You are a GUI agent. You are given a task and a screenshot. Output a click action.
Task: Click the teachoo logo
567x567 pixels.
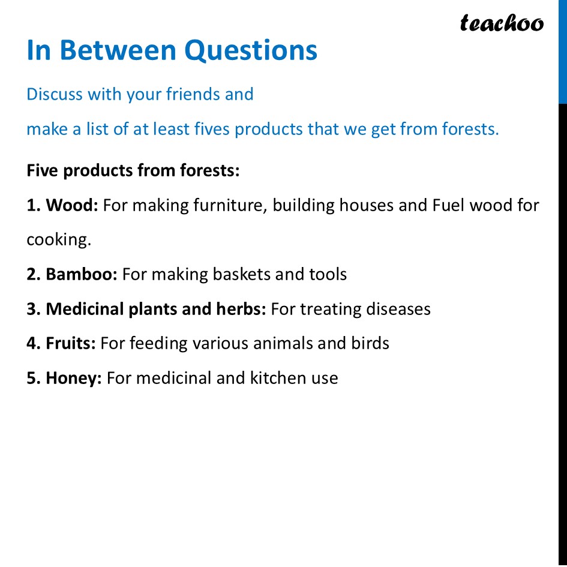(x=502, y=23)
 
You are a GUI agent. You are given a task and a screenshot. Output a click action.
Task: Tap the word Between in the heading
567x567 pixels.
(x=119, y=50)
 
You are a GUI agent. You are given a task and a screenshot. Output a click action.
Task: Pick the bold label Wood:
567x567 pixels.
(x=72, y=205)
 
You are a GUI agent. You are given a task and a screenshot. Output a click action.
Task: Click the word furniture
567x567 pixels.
(x=230, y=205)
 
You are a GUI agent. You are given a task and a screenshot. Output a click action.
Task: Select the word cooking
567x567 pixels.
(x=58, y=240)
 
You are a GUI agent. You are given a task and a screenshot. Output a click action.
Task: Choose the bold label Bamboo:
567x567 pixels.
(x=82, y=274)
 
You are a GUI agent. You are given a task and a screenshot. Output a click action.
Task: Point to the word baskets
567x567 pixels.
(x=242, y=274)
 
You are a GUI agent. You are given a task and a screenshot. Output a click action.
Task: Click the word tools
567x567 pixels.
(x=328, y=274)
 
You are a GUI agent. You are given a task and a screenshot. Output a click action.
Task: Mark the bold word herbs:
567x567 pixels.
(x=241, y=309)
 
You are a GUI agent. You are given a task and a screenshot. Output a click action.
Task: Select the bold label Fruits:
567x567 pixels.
(x=71, y=343)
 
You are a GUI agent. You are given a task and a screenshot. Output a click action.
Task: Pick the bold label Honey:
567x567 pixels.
(x=74, y=378)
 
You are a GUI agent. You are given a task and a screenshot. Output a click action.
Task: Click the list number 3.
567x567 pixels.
(x=32, y=309)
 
